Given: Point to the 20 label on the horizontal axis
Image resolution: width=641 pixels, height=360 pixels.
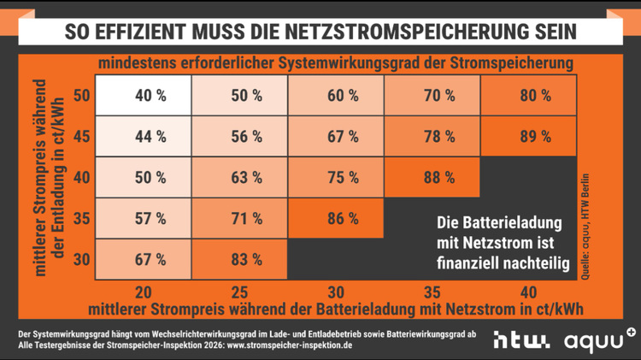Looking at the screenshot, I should (144, 291).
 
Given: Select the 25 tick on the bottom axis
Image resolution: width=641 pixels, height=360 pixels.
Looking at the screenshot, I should (241, 291).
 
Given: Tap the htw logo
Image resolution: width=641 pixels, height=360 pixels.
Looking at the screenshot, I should (521, 340).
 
